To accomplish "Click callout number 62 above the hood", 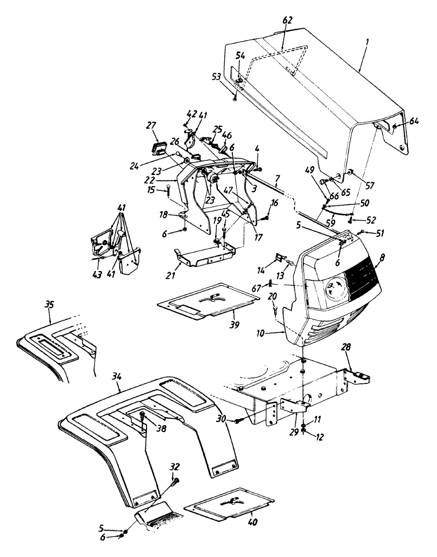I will tap(288, 21).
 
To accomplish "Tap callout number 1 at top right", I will tap(367, 41).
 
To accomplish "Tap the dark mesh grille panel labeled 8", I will tap(363, 279).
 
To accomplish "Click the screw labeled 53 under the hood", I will tap(235, 98).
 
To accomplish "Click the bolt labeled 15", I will tap(167, 188).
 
